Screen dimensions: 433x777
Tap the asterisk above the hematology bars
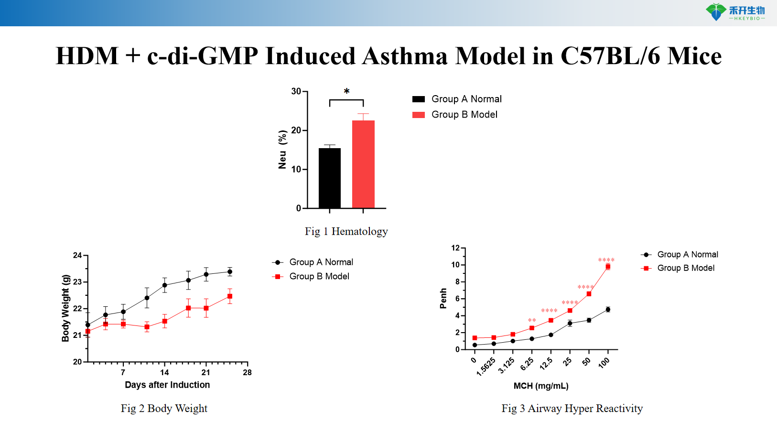[346, 91]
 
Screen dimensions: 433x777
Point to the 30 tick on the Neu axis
[296, 91]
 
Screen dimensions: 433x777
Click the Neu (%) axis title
[282, 149]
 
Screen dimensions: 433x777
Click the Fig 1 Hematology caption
[346, 232]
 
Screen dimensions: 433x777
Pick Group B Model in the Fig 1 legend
[464, 115]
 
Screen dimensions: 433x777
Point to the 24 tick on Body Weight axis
[77, 255]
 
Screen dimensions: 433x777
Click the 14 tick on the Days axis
[164, 372]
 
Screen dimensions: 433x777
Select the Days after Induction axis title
[167, 385]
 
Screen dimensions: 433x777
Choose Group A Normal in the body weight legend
[321, 262]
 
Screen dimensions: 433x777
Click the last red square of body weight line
[230, 296]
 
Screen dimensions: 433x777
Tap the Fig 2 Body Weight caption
[164, 409]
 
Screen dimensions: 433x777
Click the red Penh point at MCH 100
[608, 267]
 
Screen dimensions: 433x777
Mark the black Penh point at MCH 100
[608, 310]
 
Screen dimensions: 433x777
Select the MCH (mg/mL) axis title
[541, 386]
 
